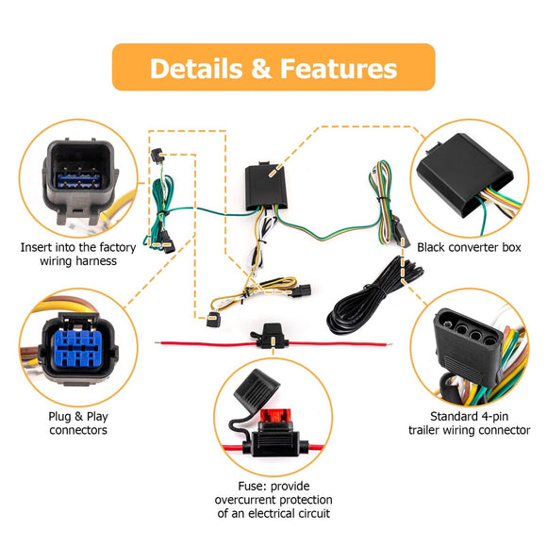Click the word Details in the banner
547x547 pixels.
pyautogui.click(x=197, y=69)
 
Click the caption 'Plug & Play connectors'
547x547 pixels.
pyautogui.click(x=77, y=422)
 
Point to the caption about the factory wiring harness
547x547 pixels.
pyautogui.click(x=78, y=254)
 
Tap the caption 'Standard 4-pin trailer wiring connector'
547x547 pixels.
pyautogui.click(x=469, y=422)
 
